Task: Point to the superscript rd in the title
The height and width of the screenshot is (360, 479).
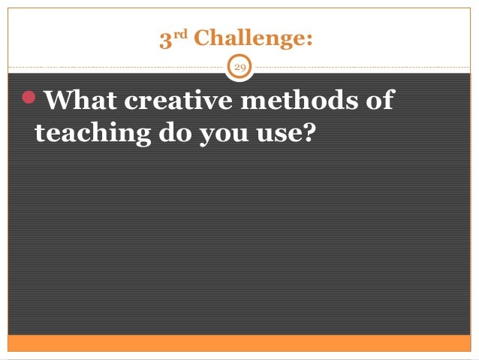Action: click(x=179, y=35)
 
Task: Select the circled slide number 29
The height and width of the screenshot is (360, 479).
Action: click(x=240, y=68)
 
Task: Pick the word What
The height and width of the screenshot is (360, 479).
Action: click(x=81, y=101)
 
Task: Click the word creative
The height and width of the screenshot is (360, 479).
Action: click(x=177, y=101)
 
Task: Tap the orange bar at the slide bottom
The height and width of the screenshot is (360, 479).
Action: click(x=239, y=343)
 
